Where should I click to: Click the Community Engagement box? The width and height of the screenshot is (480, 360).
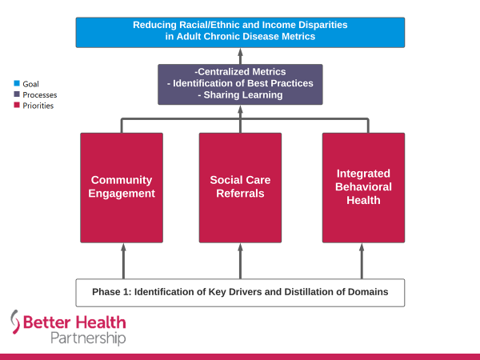(122, 186)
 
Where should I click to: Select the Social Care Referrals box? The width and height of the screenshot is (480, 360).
(240, 186)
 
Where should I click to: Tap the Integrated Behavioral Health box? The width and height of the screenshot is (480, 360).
(363, 186)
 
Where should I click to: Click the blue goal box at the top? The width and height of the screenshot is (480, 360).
(240, 31)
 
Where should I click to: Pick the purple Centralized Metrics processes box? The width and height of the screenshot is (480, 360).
(240, 84)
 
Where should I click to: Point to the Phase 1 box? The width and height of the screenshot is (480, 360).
(240, 292)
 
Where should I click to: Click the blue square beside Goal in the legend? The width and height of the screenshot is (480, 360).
(16, 83)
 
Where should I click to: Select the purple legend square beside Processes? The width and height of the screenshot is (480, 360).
(16, 94)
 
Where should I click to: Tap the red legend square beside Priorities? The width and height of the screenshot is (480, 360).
(16, 106)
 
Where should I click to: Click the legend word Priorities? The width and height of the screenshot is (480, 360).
(38, 106)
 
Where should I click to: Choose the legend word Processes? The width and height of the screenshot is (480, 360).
(40, 94)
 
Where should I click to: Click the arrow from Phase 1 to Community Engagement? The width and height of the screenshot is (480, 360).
(122, 260)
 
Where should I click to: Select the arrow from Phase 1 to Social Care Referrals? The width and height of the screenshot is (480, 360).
(240, 260)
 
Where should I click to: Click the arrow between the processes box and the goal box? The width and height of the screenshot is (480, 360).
(240, 55)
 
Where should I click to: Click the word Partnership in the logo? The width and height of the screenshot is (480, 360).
(88, 338)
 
